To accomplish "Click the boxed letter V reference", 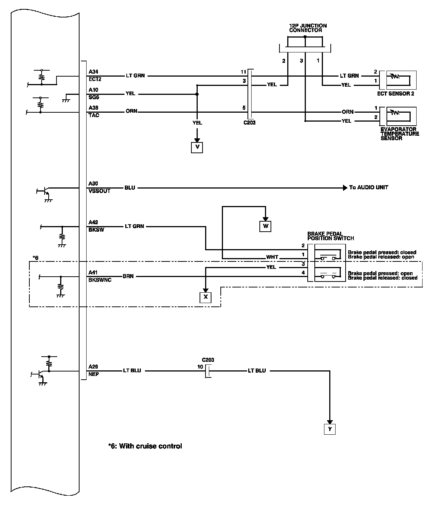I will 197,147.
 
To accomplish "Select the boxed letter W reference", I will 265,226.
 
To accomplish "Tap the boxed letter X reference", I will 205,297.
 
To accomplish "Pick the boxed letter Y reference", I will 330,429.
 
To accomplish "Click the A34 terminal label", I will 93,72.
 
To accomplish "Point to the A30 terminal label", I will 93,184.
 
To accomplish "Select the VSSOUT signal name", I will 99,191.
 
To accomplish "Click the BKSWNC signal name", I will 100,280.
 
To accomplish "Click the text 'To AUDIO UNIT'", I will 368,187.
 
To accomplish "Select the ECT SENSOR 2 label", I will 395,94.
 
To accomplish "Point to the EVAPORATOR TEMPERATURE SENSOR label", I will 399,134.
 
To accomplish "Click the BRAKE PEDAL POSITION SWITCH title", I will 330,236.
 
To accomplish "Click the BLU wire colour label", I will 130,188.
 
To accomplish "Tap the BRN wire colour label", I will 128,276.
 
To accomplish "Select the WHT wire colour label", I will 272,257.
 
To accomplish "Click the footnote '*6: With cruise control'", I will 145,446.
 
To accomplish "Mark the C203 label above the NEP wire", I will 208,360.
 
